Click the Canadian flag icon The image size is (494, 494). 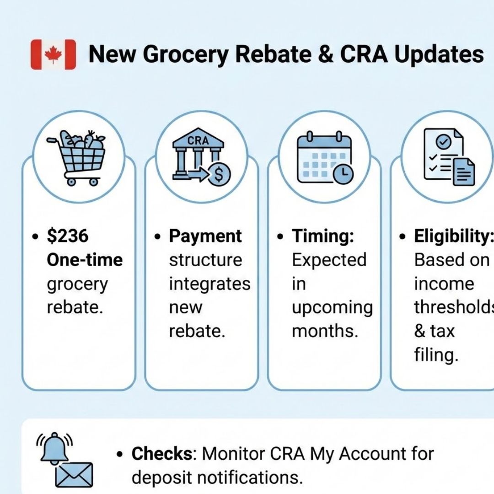pos(53,54)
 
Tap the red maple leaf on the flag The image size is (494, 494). pos(53,54)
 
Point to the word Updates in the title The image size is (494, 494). pos(439,54)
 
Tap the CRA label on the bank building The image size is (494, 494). pos(198,140)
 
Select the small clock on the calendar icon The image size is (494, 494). pos(343,174)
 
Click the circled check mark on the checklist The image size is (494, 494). pos(443,142)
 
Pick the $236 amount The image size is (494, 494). pos(68,236)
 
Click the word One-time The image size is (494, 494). pos(85,260)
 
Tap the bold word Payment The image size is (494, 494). pos(205,236)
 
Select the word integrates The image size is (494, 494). pos(210,284)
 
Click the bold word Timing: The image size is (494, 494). pos(323,236)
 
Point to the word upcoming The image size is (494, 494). pos(333,308)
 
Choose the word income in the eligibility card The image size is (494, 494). pos(444,284)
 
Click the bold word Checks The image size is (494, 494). pos(162,454)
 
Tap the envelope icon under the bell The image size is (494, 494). pos(74,475)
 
